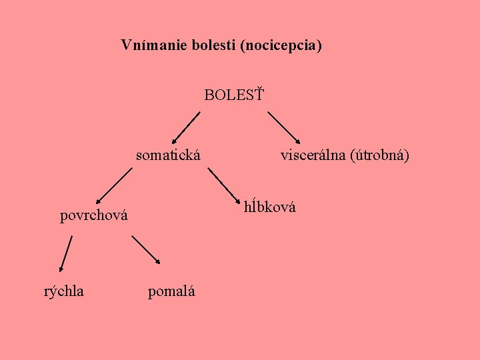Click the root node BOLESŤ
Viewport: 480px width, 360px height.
pyautogui.click(x=233, y=95)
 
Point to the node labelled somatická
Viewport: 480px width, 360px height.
pyautogui.click(x=169, y=156)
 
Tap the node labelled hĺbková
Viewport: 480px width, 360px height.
pyautogui.click(x=270, y=207)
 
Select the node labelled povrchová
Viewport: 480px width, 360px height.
pyautogui.click(x=94, y=215)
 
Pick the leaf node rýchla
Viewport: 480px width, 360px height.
pyautogui.click(x=64, y=291)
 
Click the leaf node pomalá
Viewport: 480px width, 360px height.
pyautogui.click(x=171, y=291)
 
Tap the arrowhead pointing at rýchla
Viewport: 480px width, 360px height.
pyautogui.click(x=61, y=268)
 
